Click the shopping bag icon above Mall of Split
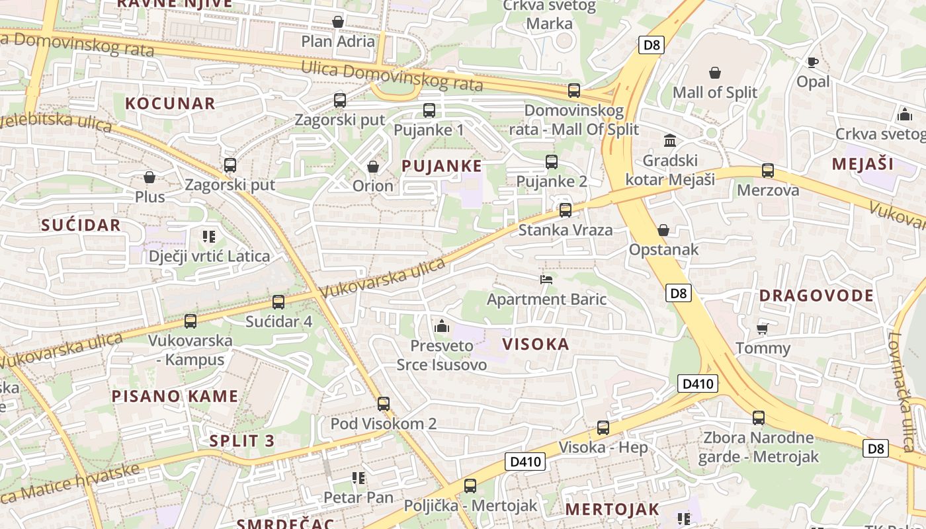click(715, 72)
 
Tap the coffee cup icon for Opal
click(812, 62)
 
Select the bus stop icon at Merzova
click(768, 171)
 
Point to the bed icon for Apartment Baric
click(546, 279)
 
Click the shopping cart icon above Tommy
click(762, 329)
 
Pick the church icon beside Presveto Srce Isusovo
click(441, 326)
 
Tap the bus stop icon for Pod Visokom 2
click(384, 403)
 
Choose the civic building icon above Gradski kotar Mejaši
click(670, 141)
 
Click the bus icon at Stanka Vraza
click(565, 210)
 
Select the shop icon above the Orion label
click(373, 166)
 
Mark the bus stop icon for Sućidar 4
click(278, 302)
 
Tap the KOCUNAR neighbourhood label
click(170, 103)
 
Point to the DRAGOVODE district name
click(816, 296)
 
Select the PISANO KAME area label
click(175, 396)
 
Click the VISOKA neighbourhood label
click(536, 344)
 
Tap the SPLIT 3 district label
click(241, 441)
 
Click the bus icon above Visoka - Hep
click(603, 428)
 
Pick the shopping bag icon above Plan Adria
click(338, 22)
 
